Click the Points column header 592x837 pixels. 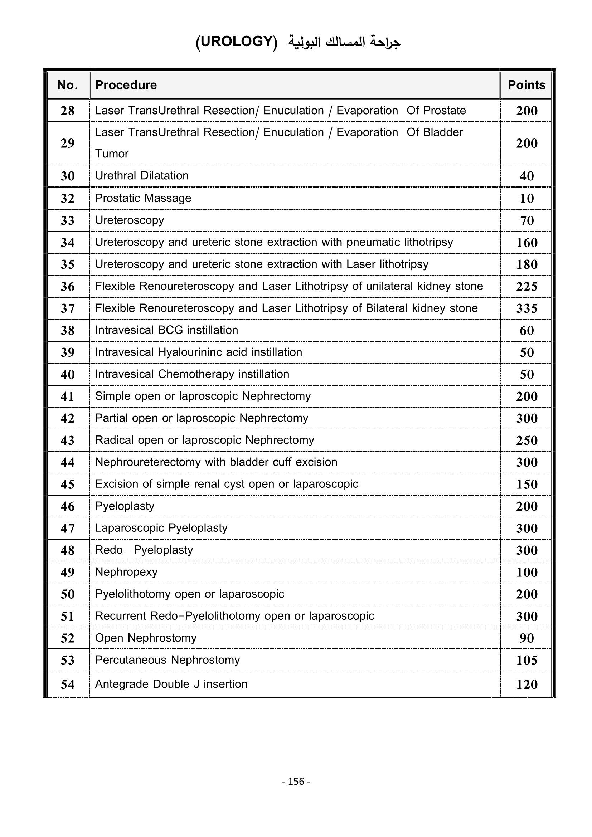click(x=527, y=85)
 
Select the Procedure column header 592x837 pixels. click(x=126, y=85)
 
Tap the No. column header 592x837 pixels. click(x=67, y=85)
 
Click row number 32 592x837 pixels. click(x=67, y=198)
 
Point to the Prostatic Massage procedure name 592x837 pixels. click(x=143, y=198)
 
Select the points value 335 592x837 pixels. click(x=527, y=308)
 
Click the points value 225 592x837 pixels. click(x=527, y=287)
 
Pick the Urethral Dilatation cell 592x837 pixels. click(x=142, y=176)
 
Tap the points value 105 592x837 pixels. click(x=527, y=660)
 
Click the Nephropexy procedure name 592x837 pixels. click(x=126, y=572)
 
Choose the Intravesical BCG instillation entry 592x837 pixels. click(x=166, y=330)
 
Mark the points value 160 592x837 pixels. click(x=527, y=242)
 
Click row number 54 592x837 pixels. click(x=67, y=684)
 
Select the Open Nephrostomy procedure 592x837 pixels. click(x=145, y=638)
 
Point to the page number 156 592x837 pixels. click(x=296, y=781)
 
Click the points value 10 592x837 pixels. click(x=527, y=198)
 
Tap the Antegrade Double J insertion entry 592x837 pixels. click(x=171, y=684)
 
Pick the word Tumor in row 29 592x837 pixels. click(x=112, y=154)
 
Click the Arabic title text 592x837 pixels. click(x=344, y=42)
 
